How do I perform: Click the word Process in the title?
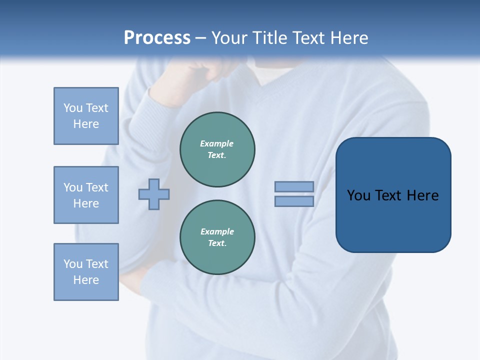click(157, 38)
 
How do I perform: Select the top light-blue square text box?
click(86, 116)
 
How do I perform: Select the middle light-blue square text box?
click(86, 195)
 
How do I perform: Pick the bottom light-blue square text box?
click(86, 272)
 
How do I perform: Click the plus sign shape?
click(154, 194)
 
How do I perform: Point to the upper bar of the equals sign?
click(294, 186)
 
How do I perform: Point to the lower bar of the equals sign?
click(294, 201)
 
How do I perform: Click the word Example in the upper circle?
click(216, 143)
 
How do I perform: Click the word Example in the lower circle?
click(217, 231)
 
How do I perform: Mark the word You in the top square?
click(73, 108)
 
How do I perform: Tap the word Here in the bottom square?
click(86, 280)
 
